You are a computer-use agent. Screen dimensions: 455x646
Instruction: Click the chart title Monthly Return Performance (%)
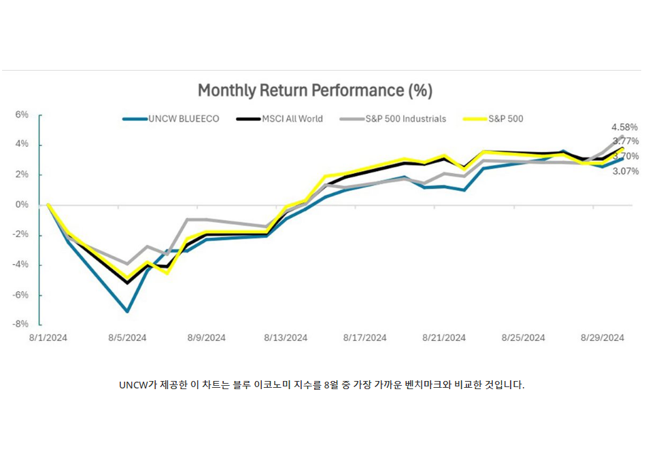coord(315,90)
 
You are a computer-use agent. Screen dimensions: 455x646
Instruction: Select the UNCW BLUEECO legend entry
coord(171,119)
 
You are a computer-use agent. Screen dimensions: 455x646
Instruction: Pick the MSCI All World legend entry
coord(279,119)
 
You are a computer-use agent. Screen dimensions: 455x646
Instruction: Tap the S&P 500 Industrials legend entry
coord(396,119)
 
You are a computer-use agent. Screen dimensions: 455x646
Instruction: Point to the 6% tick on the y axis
coord(22,115)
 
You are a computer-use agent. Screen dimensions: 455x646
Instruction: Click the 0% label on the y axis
coord(22,204)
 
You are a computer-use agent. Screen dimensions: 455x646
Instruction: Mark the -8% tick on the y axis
coord(22,324)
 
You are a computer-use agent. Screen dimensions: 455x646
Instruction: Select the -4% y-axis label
coord(22,264)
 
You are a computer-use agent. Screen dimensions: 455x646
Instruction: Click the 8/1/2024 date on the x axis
coord(48,338)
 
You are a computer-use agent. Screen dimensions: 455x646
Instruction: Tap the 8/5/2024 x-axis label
coord(127,338)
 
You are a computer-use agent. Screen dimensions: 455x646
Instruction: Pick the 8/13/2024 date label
coord(286,338)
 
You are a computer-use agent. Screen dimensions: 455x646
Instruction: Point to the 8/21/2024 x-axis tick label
coord(444,338)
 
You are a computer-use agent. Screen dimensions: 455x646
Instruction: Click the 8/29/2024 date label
coord(602,338)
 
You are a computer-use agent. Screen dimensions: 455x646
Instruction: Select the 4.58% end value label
coord(624,127)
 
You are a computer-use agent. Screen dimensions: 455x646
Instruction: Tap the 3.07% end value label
coord(624,171)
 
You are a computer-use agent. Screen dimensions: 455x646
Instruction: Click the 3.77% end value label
coord(624,141)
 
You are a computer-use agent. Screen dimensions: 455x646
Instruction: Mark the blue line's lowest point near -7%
coord(127,312)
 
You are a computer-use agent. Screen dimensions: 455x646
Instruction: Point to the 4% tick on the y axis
coord(22,145)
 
